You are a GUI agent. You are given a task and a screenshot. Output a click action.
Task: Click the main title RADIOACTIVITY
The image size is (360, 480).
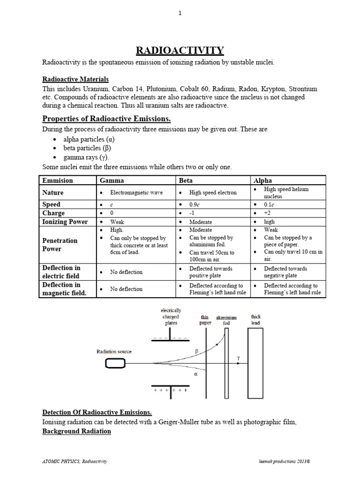point(180,50)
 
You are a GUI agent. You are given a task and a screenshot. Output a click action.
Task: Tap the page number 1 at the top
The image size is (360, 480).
point(180,14)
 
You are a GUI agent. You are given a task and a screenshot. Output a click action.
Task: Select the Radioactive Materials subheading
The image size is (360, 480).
point(75,79)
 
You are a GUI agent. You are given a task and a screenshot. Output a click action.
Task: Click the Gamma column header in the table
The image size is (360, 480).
point(109,180)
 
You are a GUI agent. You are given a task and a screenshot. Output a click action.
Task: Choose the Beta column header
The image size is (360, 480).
point(185,180)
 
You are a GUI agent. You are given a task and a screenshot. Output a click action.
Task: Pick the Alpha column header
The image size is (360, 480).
point(262,180)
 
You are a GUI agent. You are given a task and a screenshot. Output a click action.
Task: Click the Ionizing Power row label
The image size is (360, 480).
point(65,222)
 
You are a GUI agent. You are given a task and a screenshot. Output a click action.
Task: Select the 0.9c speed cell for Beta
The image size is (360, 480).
point(195,205)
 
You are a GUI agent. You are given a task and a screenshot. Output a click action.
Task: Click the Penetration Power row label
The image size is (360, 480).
point(60,244)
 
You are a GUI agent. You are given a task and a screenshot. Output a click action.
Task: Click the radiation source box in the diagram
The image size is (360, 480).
point(115,363)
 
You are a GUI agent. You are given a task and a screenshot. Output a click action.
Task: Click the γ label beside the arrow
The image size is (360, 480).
point(238,358)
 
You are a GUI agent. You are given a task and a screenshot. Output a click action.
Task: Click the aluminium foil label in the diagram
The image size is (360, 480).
point(227,320)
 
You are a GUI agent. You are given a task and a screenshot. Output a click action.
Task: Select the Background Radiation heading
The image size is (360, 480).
point(77,431)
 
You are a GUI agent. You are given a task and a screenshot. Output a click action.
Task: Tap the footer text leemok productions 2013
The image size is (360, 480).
point(287,461)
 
